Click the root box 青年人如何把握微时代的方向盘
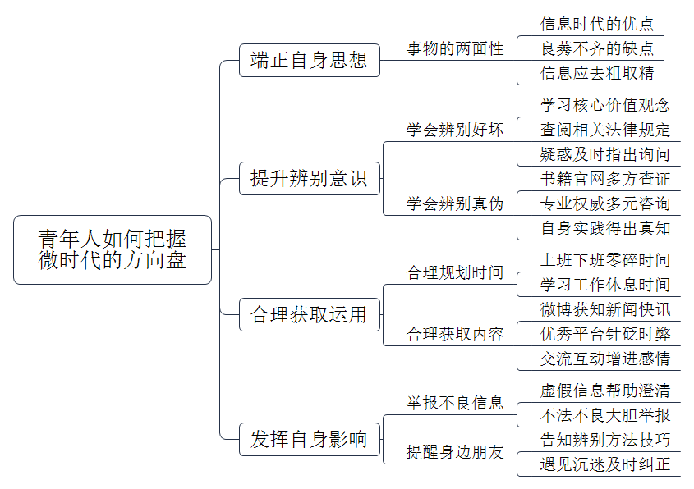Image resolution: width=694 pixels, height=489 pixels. pyautogui.click(x=113, y=249)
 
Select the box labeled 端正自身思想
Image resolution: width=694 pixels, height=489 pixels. pyautogui.click(x=310, y=60)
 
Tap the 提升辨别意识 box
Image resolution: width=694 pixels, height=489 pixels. pyautogui.click(x=310, y=179)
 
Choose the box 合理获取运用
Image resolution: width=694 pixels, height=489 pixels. pyautogui.click(x=310, y=315)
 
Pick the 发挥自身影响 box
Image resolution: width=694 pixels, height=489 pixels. pyautogui.click(x=310, y=440)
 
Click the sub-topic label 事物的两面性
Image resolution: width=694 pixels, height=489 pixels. pyautogui.click(x=455, y=48)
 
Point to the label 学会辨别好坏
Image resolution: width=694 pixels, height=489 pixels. pyautogui.click(x=455, y=130)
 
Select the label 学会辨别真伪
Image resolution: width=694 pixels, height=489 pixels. pyautogui.click(x=455, y=203)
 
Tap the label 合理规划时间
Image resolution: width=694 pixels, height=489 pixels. pyautogui.click(x=455, y=272)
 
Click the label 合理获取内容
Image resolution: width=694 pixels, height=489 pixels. pyautogui.click(x=455, y=334)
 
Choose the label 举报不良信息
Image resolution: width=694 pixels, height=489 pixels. pyautogui.click(x=455, y=403)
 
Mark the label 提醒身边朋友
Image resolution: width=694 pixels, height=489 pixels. pyautogui.click(x=455, y=452)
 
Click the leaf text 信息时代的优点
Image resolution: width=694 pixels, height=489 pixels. pyautogui.click(x=596, y=24)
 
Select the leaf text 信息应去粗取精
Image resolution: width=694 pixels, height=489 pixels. pyautogui.click(x=596, y=73)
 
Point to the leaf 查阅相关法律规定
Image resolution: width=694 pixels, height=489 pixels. pyautogui.click(x=605, y=130)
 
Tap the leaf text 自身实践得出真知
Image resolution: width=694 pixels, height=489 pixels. pyautogui.click(x=605, y=229)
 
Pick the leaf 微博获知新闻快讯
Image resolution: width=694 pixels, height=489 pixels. pyautogui.click(x=605, y=309)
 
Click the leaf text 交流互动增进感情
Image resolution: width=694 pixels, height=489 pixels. pyautogui.click(x=605, y=359)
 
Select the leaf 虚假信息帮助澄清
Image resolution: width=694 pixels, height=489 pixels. pyautogui.click(x=605, y=391)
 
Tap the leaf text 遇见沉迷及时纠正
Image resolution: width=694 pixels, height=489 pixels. pyautogui.click(x=605, y=464)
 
